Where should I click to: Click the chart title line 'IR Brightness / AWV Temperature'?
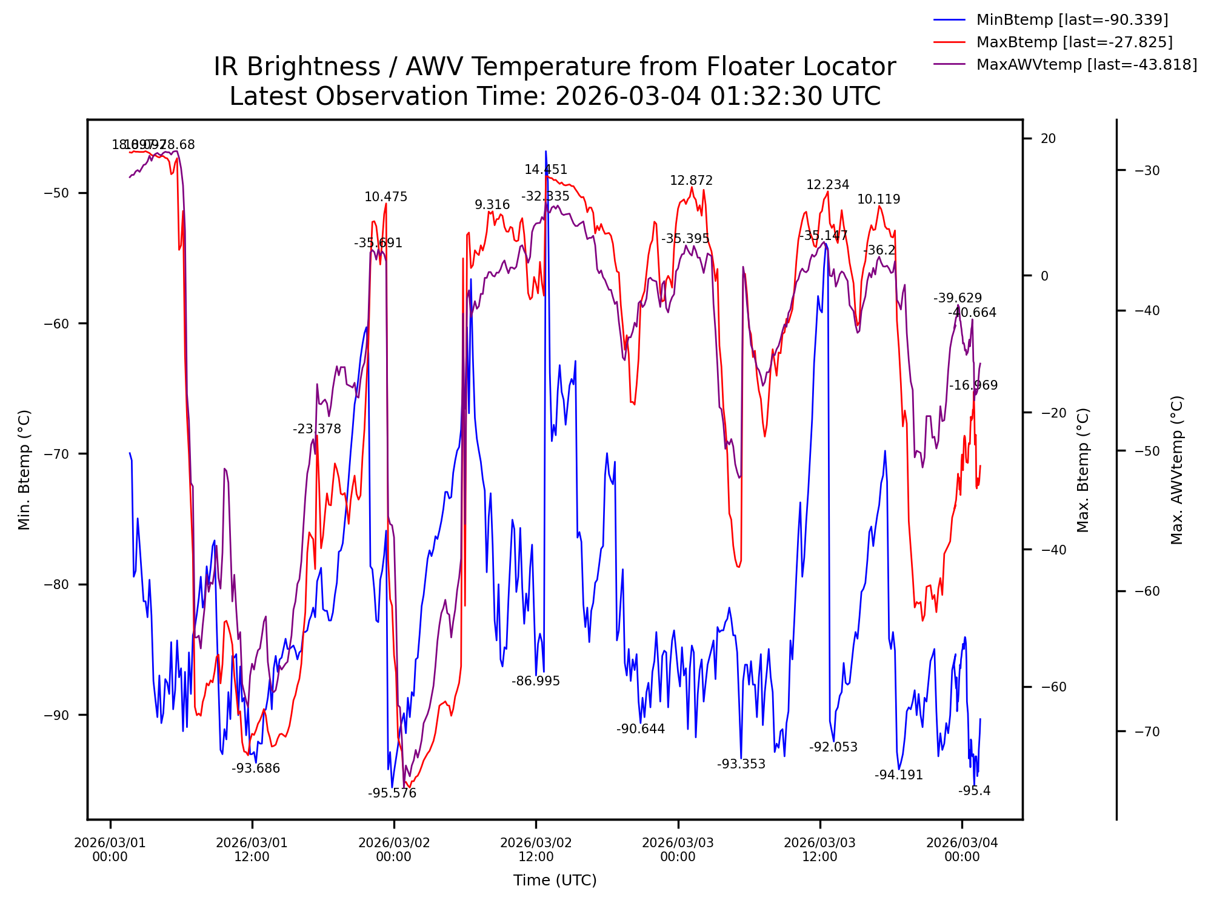coord(555,67)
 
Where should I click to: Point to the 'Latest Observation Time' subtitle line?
coord(555,96)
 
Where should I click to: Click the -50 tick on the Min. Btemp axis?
coord(57,193)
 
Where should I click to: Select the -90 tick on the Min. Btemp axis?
coord(57,715)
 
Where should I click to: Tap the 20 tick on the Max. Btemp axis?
coord(1048,139)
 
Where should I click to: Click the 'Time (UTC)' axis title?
coord(555,881)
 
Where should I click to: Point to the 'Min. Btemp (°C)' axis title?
coord(24,470)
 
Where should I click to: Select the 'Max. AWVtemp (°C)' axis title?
coord(1177,470)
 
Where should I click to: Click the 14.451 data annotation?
coord(545,170)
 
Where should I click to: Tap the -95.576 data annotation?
coord(392,793)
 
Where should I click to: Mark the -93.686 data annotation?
coord(256,768)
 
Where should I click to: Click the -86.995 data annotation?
coord(536,681)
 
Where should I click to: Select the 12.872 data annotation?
coord(691,181)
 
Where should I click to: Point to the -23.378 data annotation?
coord(317,429)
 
